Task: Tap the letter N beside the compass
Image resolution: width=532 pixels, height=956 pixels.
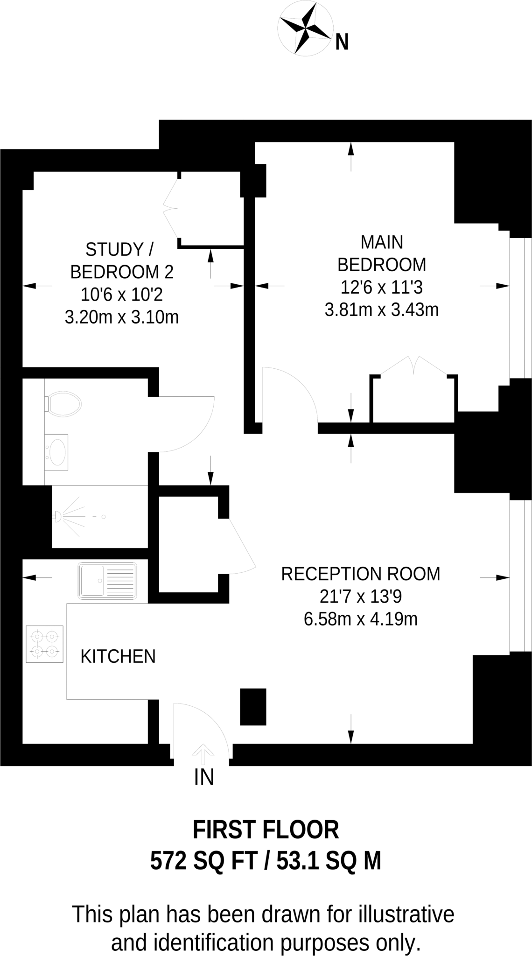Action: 342,43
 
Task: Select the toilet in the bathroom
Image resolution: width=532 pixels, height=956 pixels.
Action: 63,404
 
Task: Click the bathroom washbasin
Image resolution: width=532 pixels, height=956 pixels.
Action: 57,452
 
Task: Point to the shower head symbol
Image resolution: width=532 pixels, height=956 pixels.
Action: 58,516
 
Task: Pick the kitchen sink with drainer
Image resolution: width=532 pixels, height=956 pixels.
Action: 108,581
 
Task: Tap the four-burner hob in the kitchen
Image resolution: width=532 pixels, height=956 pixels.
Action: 44,644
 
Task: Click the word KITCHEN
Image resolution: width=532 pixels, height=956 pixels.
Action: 118,657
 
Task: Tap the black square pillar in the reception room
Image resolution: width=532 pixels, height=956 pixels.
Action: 253,707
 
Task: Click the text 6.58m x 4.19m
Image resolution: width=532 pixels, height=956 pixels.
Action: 360,619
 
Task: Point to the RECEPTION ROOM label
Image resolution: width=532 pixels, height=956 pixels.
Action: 360,574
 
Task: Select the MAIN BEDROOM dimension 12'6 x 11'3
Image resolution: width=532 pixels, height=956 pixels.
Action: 381,287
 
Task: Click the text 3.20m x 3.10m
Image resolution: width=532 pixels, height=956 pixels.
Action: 121,317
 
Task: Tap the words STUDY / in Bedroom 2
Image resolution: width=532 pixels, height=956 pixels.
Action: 119,250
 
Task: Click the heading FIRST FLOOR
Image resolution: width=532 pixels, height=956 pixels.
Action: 266,830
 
